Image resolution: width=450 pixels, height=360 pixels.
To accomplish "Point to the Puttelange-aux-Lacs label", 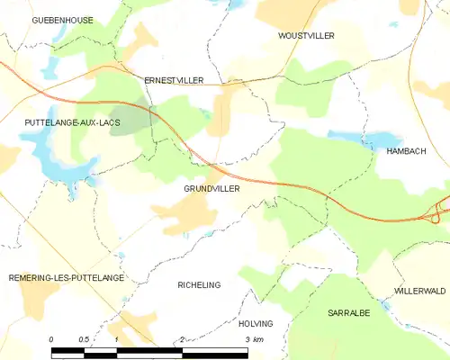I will pyautogui.click(x=61, y=120).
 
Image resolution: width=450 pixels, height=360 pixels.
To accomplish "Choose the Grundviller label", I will pyautogui.click(x=211, y=189).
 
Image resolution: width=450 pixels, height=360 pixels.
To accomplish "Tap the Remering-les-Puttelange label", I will pyautogui.click(x=66, y=278).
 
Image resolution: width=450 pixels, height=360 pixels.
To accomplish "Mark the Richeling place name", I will pyautogui.click(x=199, y=284).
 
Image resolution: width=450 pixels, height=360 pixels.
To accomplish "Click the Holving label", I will pyautogui.click(x=256, y=323).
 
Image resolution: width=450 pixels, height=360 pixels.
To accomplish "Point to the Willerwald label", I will pyautogui.click(x=419, y=292).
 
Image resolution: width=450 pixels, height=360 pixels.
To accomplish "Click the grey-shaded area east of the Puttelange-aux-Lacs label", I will pyautogui.click(x=130, y=121).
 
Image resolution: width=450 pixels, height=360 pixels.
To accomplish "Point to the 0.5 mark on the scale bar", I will pyautogui.click(x=84, y=339).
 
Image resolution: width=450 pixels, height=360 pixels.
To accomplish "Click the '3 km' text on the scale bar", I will pyautogui.click(x=254, y=339).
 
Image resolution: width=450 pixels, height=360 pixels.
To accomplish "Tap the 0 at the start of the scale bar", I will pyautogui.click(x=51, y=339).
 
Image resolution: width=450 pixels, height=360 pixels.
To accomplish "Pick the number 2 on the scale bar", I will pyautogui.click(x=183, y=339).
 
